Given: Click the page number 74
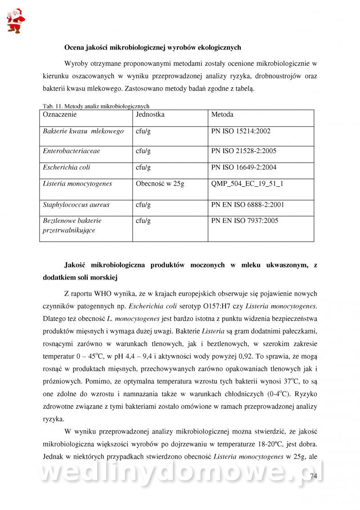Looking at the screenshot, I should pos(314,476).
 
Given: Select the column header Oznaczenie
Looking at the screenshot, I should pos(60,114).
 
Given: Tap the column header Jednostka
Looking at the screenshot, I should pos(150,114).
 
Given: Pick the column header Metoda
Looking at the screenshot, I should pos(222,114).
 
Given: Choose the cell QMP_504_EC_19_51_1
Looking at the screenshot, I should pos(247,184).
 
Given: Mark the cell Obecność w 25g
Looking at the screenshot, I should pos(160,184).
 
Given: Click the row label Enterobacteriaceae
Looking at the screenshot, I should pos(72,151).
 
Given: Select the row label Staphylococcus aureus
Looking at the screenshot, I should pos(76,205).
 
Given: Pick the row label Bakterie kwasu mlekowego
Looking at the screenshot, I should pos(83,131).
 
